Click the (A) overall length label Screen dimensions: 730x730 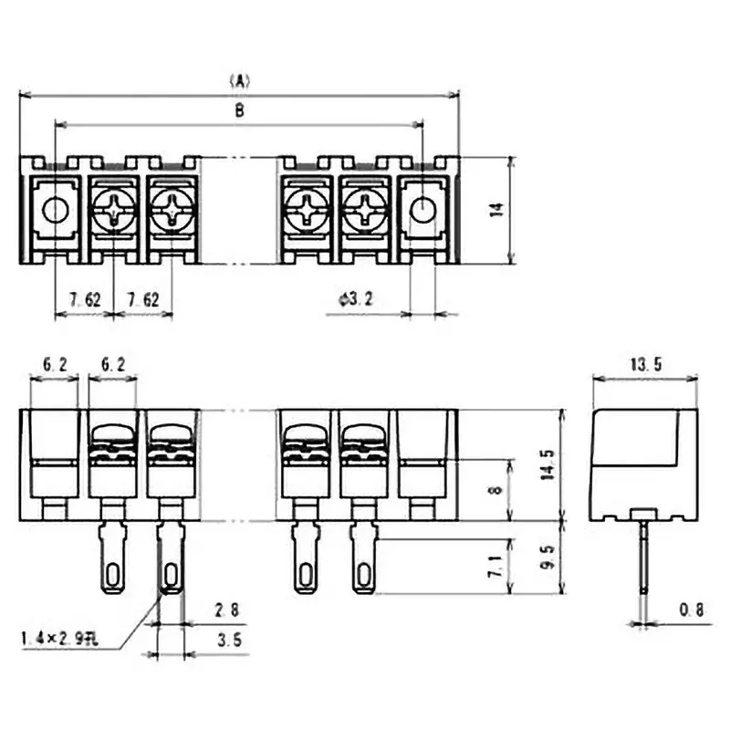pyautogui.click(x=239, y=80)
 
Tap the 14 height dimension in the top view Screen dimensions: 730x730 pyautogui.click(x=496, y=210)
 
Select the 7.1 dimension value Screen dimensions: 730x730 pyautogui.click(x=495, y=567)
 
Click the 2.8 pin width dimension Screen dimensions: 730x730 pyautogui.click(x=228, y=610)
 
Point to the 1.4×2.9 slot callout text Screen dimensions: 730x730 pyautogui.click(x=57, y=640)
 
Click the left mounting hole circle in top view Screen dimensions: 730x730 pyautogui.click(x=55, y=210)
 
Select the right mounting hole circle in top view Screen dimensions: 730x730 pyautogui.click(x=422, y=210)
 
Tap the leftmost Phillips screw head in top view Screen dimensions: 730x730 pyautogui.click(x=113, y=211)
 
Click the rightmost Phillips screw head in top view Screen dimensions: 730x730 pyautogui.click(x=364, y=211)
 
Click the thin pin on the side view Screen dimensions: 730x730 pyautogui.click(x=644, y=566)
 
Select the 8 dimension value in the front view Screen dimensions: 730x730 pyautogui.click(x=495, y=489)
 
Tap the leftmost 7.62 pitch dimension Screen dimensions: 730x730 pyautogui.click(x=84, y=299)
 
